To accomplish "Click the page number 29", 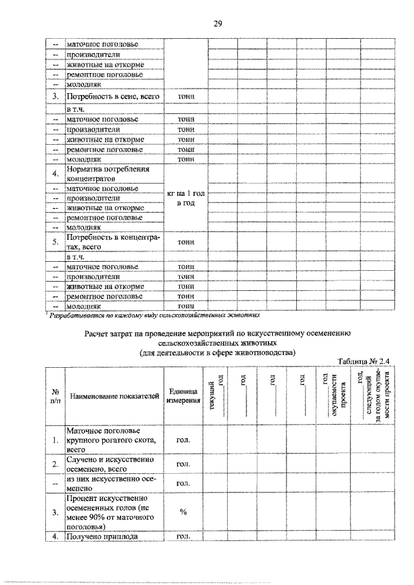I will point(217,24).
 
